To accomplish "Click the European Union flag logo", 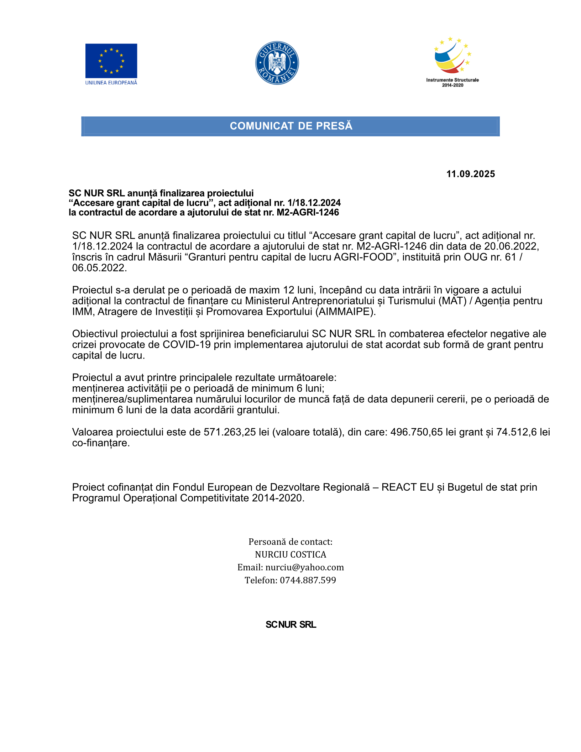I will coord(111,61).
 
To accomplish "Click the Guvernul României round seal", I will coord(277,63).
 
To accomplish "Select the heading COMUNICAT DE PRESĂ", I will coord(291,126).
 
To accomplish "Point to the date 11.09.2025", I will coord(470,174).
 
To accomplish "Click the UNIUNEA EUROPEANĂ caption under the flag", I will coord(111,83).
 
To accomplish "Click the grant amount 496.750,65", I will coord(417,432).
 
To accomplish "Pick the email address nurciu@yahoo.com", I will coord(304,567).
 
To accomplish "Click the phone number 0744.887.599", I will coord(308,580).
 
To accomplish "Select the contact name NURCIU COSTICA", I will coord(290,554).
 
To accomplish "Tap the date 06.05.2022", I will coord(99,268).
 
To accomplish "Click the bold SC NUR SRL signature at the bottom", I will coord(290,625).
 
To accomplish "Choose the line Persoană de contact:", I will coord(290,542).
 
